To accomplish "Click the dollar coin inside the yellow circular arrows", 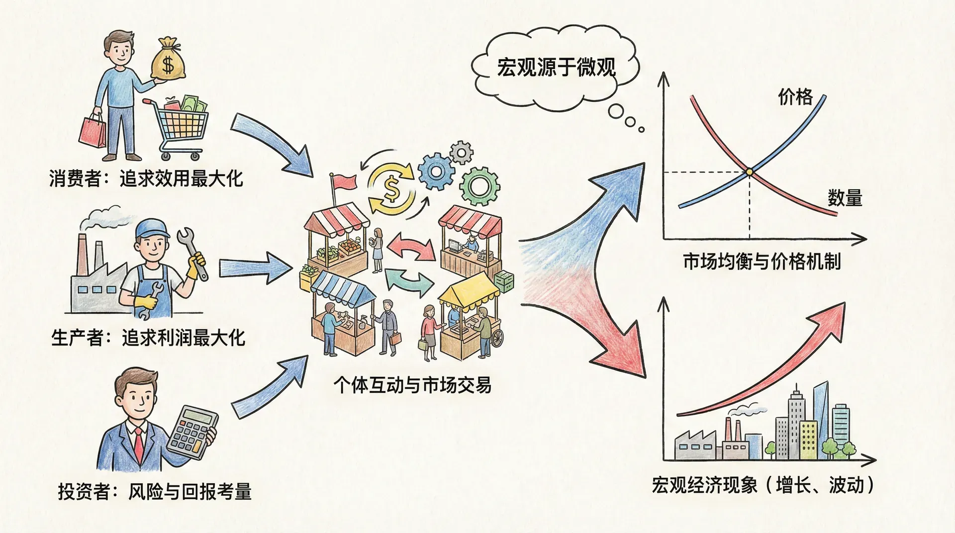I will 391,188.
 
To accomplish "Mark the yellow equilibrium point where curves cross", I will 749,172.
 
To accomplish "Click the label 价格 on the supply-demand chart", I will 795,96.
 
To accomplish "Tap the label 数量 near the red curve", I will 845,198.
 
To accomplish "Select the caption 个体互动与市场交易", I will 412,385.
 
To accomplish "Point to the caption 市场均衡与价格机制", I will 762,262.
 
